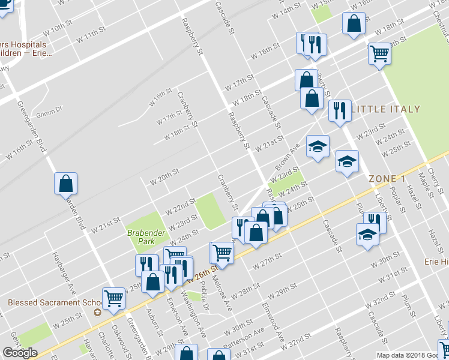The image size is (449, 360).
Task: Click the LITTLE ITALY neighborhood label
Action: pos(386,109)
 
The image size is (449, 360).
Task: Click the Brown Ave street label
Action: pos(287,157)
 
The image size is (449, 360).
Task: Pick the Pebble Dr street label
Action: pos(204,293)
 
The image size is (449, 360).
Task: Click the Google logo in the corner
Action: pos(20,352)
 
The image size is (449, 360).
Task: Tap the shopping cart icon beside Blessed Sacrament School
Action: pos(113,298)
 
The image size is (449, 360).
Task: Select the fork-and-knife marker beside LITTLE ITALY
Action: pos(340,111)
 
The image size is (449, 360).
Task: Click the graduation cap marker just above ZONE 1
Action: pos(347,161)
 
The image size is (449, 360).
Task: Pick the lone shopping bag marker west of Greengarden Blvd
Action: pos(66,184)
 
